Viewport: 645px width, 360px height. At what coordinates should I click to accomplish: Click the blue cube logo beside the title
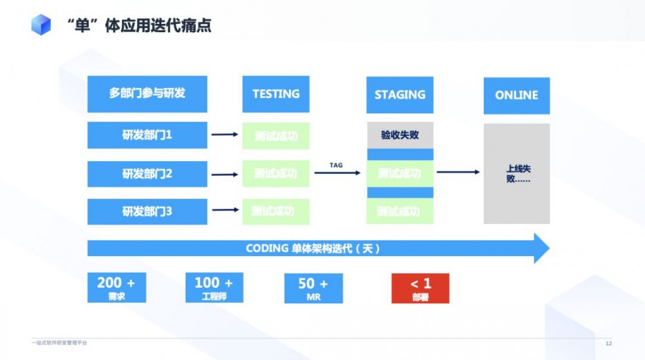41,25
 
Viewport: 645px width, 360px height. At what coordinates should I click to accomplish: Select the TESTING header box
275,94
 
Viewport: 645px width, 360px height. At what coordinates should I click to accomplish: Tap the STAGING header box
400,95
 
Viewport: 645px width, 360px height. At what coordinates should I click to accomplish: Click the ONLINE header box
517,95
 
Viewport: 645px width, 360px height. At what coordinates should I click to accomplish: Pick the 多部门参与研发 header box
147,94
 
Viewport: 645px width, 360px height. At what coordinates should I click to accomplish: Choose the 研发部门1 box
147,135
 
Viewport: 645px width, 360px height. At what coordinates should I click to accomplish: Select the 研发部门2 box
147,174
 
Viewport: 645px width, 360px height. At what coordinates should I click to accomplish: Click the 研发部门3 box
147,211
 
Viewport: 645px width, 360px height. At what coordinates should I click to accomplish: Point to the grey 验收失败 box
400,135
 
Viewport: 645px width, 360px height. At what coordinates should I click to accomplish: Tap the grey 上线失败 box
517,174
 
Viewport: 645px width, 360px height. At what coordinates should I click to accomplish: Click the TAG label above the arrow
336,165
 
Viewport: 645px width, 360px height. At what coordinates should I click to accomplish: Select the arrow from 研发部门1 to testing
225,135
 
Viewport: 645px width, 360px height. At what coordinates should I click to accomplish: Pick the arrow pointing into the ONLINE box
458,172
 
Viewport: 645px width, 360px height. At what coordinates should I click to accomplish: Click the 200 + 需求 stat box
116,288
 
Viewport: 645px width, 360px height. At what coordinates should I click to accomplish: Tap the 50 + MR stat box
313,288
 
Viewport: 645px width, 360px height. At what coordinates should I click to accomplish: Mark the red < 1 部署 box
420,288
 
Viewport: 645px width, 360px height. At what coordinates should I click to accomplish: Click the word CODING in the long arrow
266,248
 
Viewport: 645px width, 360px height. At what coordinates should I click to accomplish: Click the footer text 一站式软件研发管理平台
59,343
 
